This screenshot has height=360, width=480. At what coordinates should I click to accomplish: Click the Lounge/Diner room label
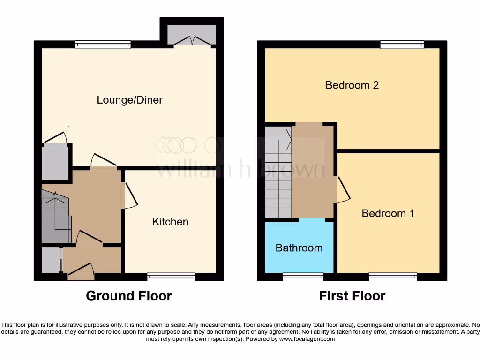pyautogui.click(x=129, y=100)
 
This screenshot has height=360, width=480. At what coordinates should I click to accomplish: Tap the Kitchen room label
pyautogui.click(x=170, y=222)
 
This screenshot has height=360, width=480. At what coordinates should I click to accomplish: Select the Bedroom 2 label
pyautogui.click(x=352, y=85)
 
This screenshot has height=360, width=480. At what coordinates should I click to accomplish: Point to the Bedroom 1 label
pyautogui.click(x=388, y=213)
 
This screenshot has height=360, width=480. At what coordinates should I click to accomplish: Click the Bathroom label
pyautogui.click(x=299, y=247)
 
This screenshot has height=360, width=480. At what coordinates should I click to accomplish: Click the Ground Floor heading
pyautogui.click(x=129, y=296)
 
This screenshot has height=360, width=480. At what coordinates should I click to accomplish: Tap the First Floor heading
pyautogui.click(x=352, y=296)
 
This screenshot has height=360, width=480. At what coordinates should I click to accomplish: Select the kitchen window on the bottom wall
pyautogui.click(x=171, y=277)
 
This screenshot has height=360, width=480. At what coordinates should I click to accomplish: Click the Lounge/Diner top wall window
pyautogui.click(x=103, y=45)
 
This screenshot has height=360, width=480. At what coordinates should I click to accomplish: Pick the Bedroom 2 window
pyautogui.click(x=402, y=45)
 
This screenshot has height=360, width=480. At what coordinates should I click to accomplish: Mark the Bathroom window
pyautogui.click(x=303, y=277)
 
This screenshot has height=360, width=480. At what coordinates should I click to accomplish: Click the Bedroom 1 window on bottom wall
pyautogui.click(x=393, y=277)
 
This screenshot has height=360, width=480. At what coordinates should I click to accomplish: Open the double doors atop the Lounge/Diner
pyautogui.click(x=192, y=41)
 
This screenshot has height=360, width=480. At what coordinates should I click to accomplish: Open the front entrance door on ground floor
pyautogui.click(x=81, y=272)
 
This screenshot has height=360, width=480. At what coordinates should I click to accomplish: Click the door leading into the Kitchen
pyautogui.click(x=130, y=195)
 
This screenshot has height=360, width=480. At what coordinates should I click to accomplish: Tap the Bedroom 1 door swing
pyautogui.click(x=342, y=189)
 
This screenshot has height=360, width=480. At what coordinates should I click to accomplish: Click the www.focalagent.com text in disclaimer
pyautogui.click(x=307, y=339)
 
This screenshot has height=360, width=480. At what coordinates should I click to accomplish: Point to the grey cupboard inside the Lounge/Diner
pyautogui.click(x=55, y=162)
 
